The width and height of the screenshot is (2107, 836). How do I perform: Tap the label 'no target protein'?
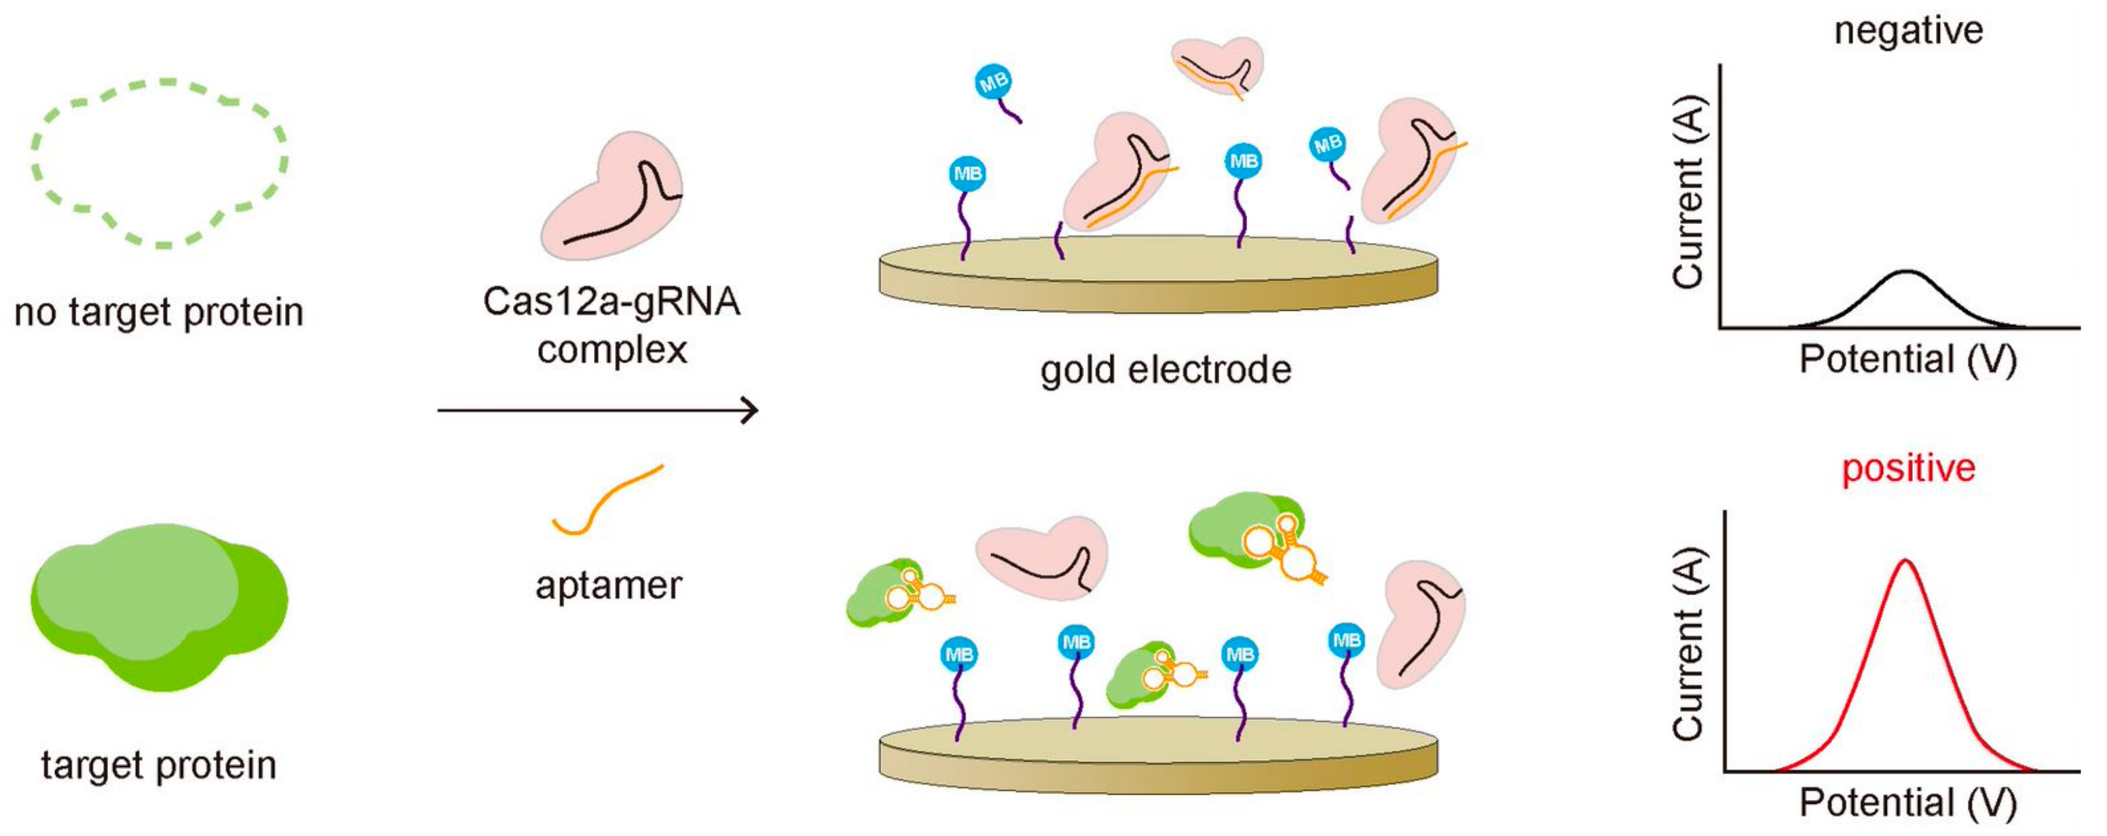[x=160, y=312]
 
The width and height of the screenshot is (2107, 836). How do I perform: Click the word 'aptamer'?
[x=608, y=586]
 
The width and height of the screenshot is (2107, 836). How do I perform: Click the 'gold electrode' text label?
[x=1166, y=370]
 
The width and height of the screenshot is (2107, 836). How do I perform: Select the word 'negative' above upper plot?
[x=1908, y=31]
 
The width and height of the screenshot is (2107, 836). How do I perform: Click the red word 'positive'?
[x=1908, y=469]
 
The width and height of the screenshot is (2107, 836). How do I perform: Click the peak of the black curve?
[x=1907, y=272]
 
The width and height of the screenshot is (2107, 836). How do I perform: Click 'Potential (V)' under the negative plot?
[x=1908, y=359]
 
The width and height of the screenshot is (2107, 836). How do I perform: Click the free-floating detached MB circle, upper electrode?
[x=994, y=83]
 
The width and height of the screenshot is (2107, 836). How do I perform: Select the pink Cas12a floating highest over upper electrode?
[x=1217, y=65]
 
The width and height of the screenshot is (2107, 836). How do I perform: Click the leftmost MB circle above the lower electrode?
[x=958, y=654]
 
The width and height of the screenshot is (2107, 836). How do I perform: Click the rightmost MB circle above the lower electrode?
[x=1346, y=640]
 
